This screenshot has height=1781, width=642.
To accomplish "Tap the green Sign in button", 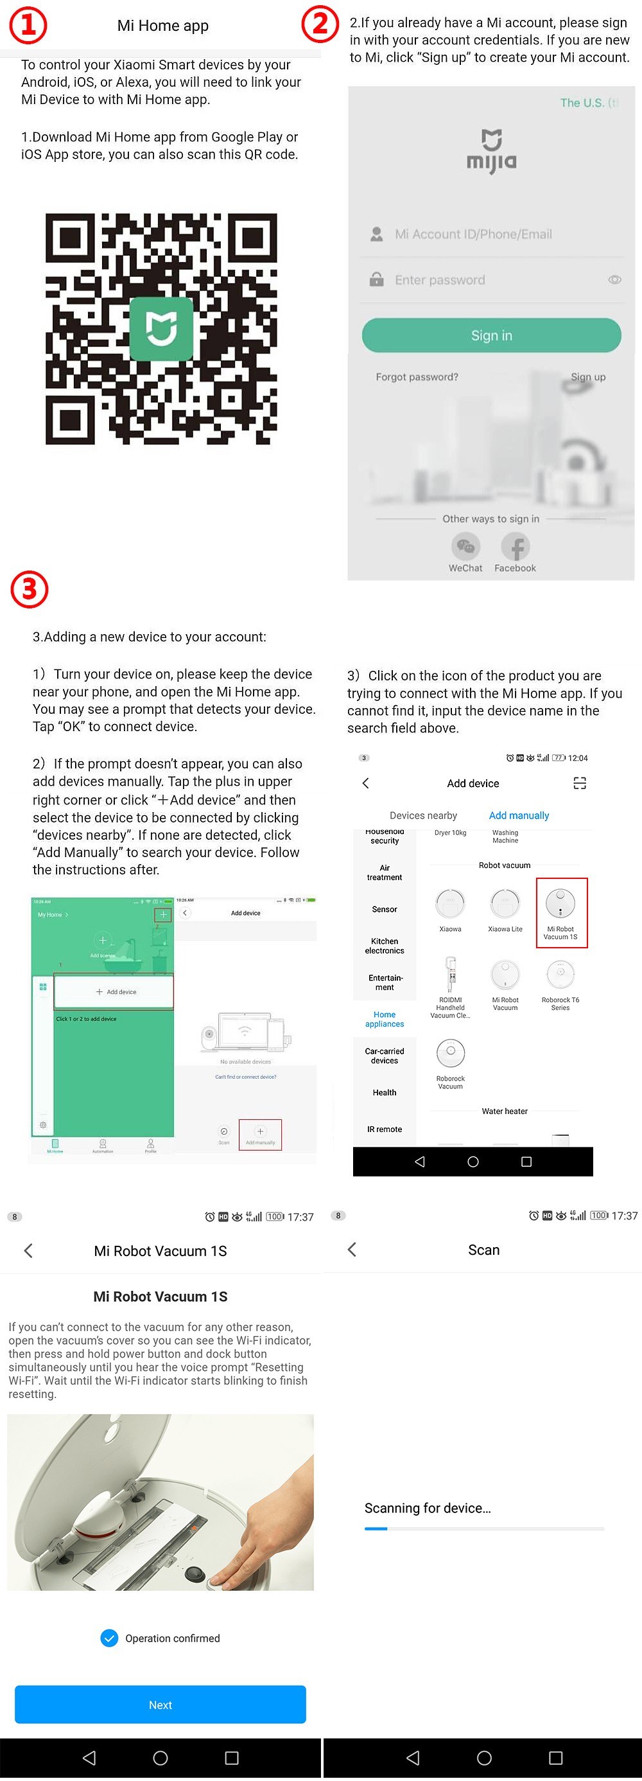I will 491,335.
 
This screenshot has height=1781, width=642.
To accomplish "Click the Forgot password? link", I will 417,377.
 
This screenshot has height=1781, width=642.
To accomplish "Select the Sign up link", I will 587,377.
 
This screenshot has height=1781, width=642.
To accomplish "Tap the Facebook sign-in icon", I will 515,547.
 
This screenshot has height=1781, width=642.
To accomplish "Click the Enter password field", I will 483,280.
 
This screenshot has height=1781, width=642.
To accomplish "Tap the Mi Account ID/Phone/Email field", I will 483,235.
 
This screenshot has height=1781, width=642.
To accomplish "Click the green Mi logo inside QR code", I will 162,328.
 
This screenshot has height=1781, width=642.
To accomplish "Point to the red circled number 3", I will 29,589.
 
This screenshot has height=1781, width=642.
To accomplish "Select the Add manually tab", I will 519,815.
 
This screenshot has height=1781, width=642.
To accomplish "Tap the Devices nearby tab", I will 423,815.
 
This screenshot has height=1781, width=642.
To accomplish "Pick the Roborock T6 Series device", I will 560,975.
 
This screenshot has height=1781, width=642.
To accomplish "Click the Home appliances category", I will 384,1019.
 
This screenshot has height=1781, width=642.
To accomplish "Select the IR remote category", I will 384,1129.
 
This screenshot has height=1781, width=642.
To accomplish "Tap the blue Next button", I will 160,1705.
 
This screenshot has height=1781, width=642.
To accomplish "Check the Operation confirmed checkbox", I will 109,1638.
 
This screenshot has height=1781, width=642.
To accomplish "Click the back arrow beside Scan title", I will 352,1249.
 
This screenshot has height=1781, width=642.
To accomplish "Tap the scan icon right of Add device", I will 580,783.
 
